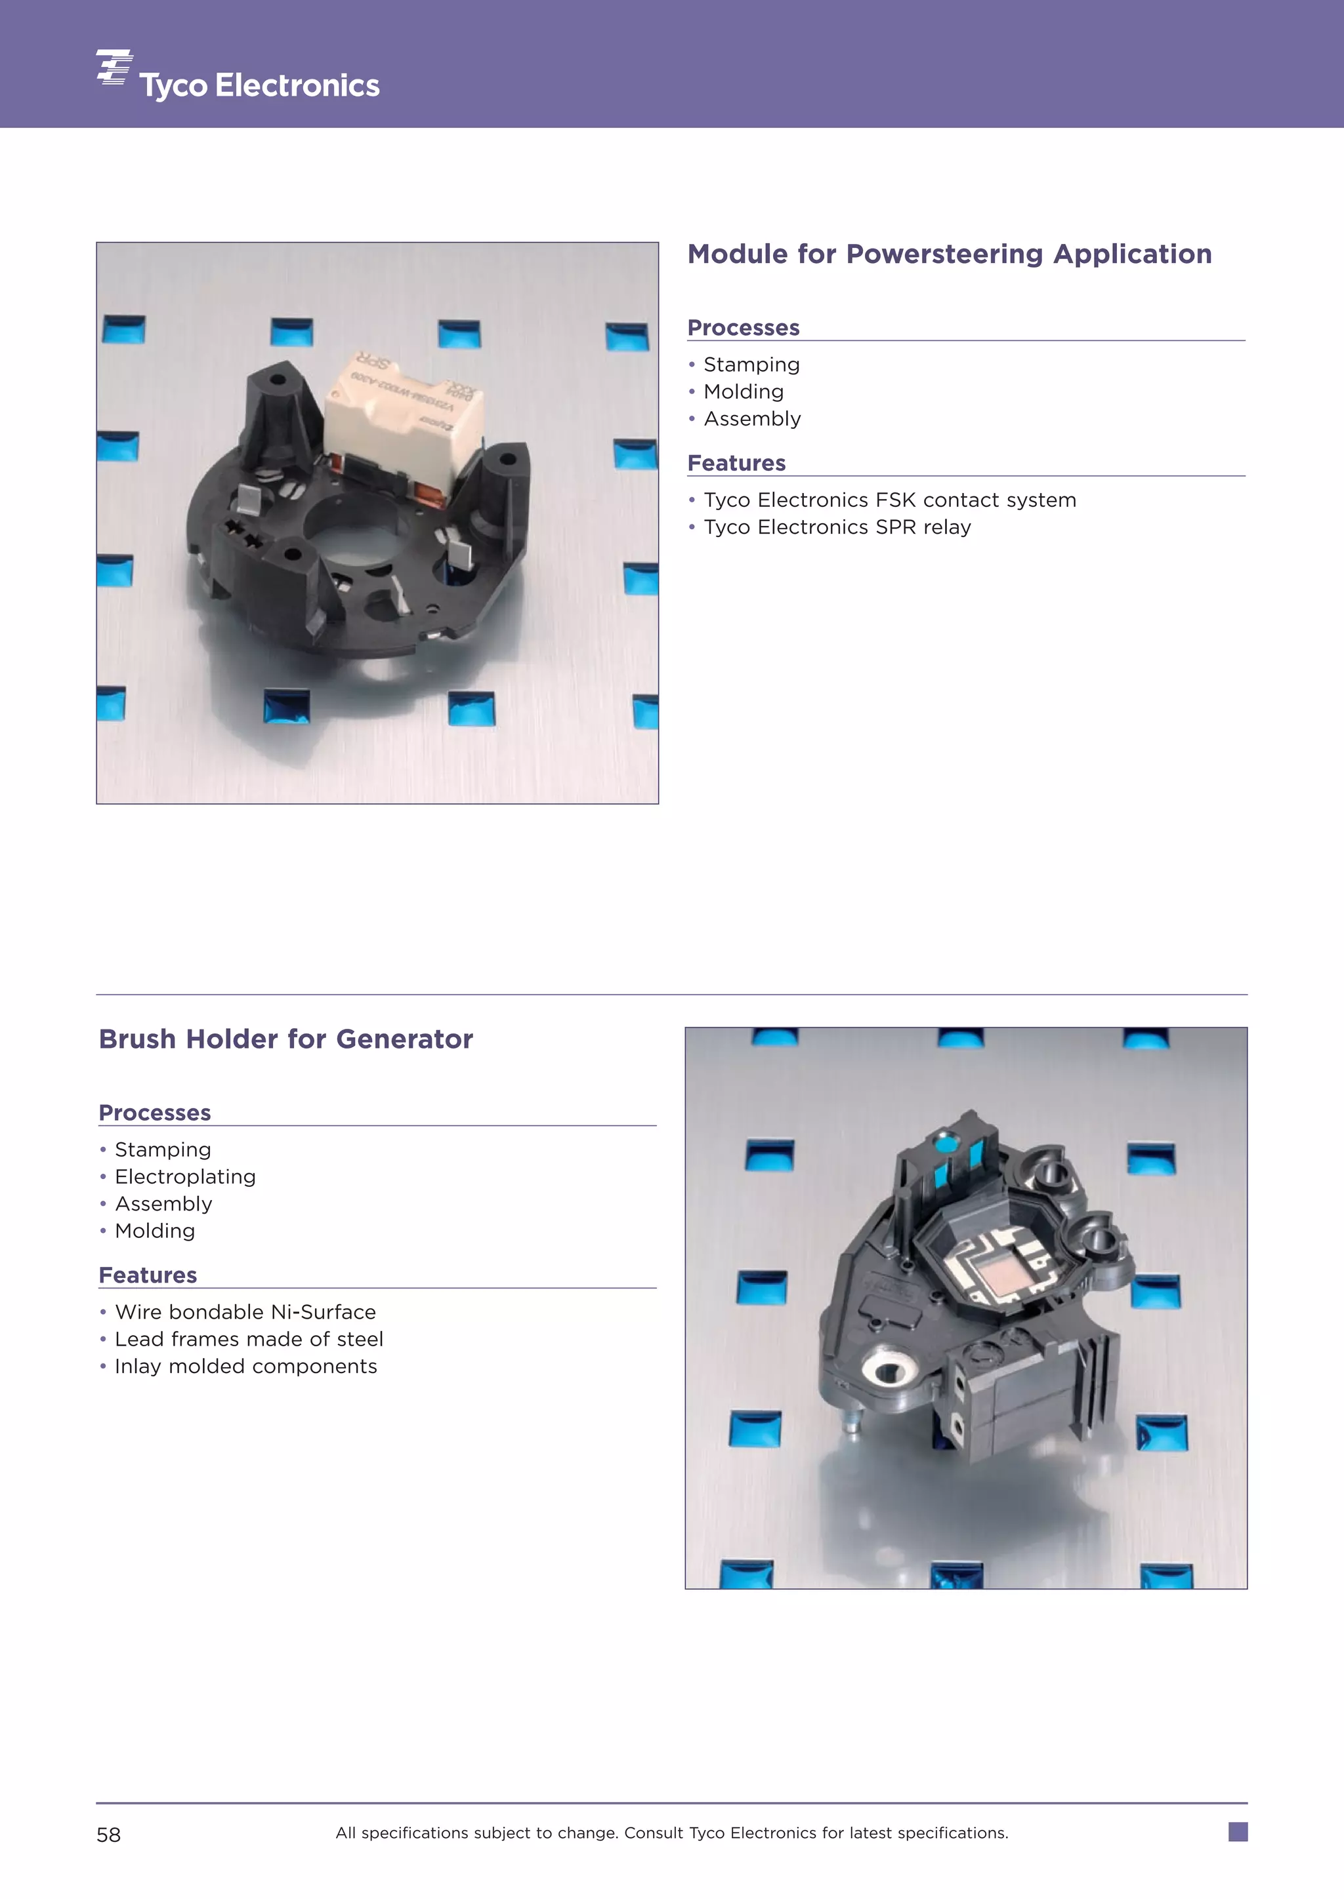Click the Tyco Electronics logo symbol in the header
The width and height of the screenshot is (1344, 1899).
coord(114,67)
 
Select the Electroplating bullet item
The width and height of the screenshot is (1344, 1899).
coord(185,1176)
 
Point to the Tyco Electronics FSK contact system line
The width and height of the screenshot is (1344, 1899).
coord(890,500)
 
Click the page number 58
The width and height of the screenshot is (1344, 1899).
coord(108,1835)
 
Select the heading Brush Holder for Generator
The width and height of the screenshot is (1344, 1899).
coord(285,1039)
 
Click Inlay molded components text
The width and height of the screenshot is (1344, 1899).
coord(246,1367)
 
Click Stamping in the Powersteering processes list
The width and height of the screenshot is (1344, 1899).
coord(751,365)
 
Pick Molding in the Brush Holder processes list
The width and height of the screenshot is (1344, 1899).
coord(155,1231)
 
